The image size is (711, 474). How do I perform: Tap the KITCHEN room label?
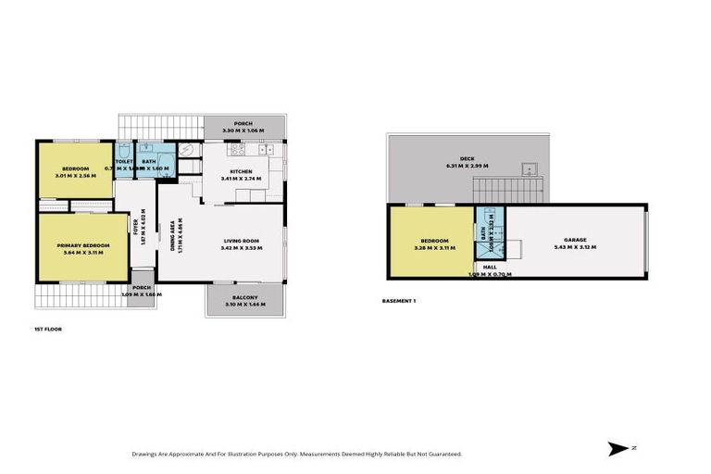coord(242,172)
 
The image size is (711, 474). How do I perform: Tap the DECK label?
coord(467,159)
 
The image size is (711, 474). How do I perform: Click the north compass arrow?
coord(617,449)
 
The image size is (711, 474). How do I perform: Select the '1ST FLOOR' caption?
coord(47,328)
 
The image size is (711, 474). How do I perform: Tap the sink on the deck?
coord(529,169)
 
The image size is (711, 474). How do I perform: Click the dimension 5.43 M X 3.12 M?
coord(576,247)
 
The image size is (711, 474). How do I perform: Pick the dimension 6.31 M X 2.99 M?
coord(467,167)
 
